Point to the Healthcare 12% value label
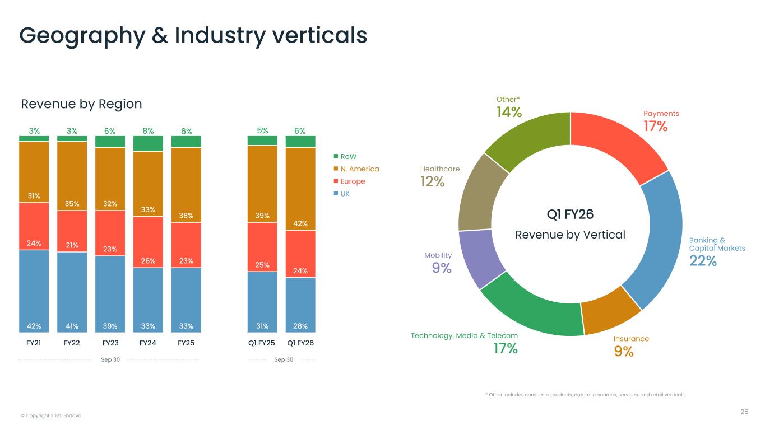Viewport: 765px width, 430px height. pos(432,181)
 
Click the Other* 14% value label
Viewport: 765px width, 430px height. pos(509,112)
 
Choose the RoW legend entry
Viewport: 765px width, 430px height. pos(348,157)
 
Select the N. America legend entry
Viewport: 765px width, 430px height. pos(359,169)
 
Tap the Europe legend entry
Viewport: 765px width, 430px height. pos(353,181)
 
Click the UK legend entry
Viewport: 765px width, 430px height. pos(345,194)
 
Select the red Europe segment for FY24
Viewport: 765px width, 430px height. pos(148,242)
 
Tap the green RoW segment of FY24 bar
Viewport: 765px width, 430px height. pos(148,143)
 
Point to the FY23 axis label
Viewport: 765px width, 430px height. pos(110,343)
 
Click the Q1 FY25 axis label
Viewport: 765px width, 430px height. pos(262,343)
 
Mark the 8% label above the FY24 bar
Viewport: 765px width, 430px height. pos(148,131)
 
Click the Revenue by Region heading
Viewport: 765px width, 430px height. pos(81,104)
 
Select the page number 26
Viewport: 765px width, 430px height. pos(744,412)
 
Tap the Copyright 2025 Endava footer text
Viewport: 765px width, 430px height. pos(51,415)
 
